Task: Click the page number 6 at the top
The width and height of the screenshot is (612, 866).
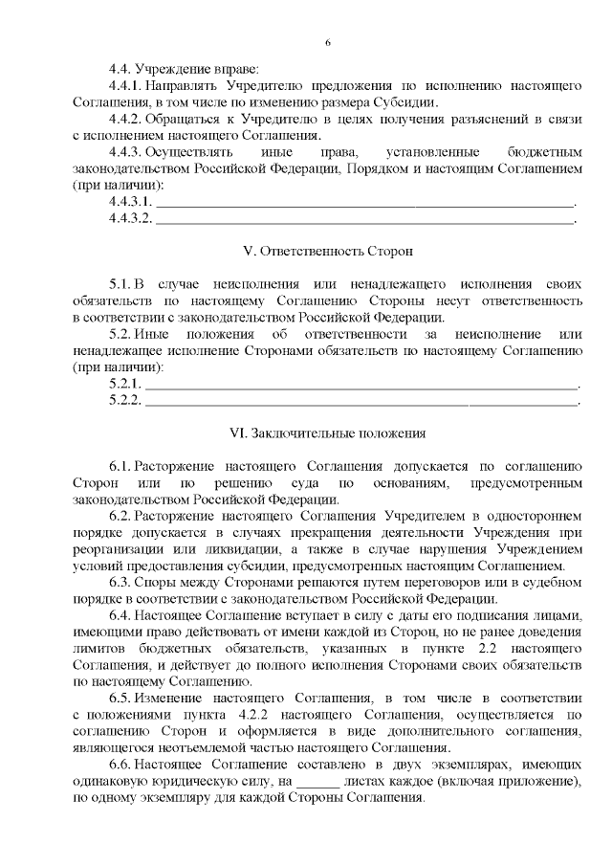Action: (328, 43)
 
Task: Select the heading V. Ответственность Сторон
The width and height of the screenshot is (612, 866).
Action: (328, 251)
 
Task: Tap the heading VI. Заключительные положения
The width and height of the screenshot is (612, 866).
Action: (328, 433)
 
